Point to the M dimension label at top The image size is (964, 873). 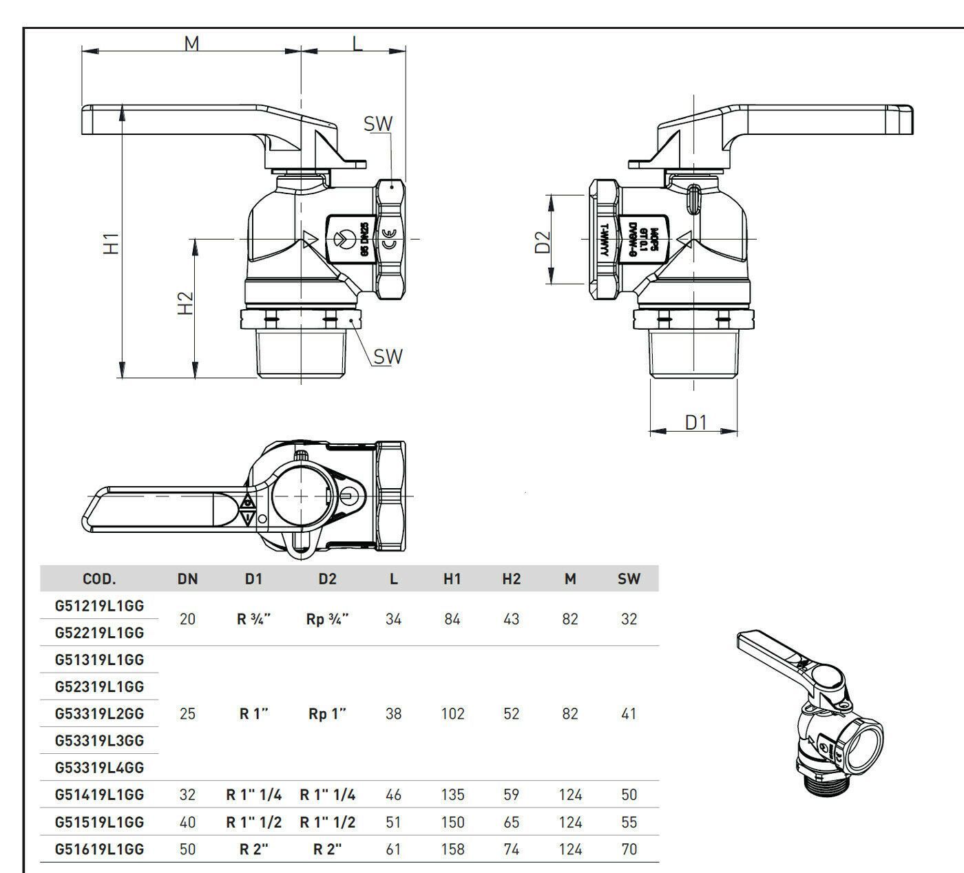[191, 43]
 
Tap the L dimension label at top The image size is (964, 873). [357, 43]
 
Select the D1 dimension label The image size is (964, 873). [696, 421]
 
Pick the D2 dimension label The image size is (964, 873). [543, 242]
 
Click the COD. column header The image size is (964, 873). [99, 579]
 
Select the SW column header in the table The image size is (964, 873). [629, 579]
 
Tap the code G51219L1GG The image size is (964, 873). [100, 606]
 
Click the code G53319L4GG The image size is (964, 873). [100, 768]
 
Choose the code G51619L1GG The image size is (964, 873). [100, 849]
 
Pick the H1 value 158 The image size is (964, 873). [452, 849]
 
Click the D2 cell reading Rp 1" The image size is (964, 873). [327, 714]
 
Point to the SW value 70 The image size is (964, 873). [629, 849]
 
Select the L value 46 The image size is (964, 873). [393, 795]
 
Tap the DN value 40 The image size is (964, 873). [187, 822]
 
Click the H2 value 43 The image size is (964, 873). [511, 619]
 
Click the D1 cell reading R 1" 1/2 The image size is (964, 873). [254, 822]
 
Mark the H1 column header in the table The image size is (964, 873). [452, 579]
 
